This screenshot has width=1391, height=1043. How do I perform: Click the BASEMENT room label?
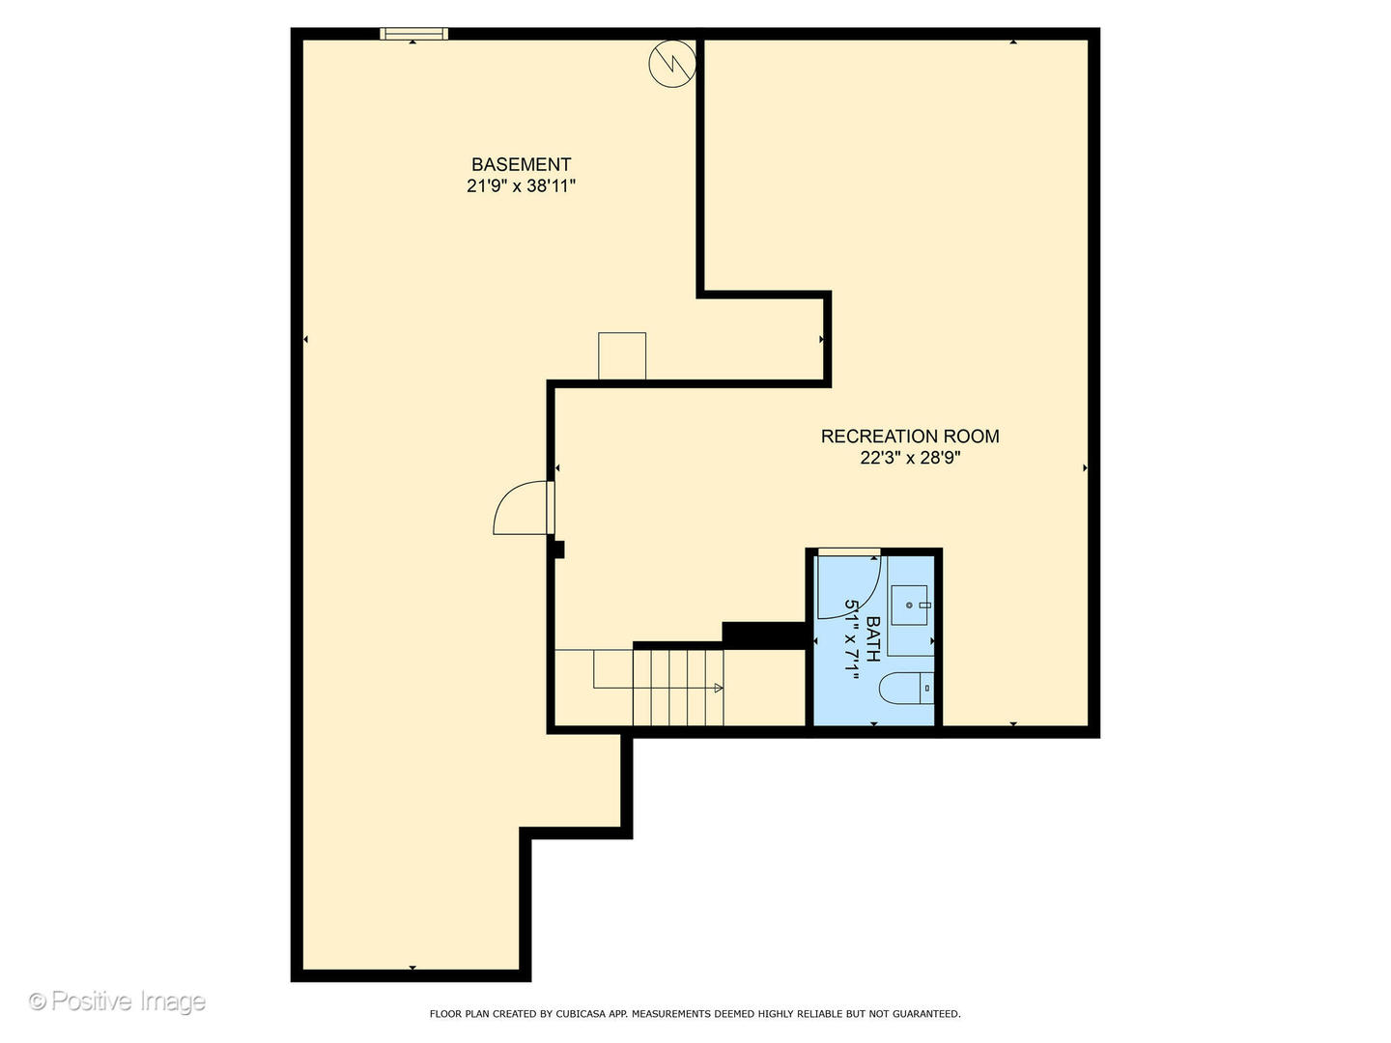(521, 164)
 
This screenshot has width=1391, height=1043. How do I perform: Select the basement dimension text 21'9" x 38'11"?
(521, 186)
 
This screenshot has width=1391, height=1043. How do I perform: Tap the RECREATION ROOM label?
(909, 437)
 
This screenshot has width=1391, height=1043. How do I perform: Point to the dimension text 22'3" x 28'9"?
(909, 458)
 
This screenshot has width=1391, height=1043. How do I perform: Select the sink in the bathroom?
(909, 606)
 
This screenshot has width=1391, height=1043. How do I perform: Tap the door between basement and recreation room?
(522, 509)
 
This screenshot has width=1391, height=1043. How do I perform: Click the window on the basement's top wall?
(413, 34)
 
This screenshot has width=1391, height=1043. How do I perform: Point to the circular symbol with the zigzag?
(671, 64)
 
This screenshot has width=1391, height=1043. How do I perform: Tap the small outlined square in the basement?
(622, 356)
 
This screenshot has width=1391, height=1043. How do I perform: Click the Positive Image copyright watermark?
(117, 1001)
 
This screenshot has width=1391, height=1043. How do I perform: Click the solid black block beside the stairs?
(763, 634)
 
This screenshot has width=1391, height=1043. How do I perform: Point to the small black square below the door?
(558, 550)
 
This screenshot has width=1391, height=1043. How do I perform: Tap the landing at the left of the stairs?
(574, 687)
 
